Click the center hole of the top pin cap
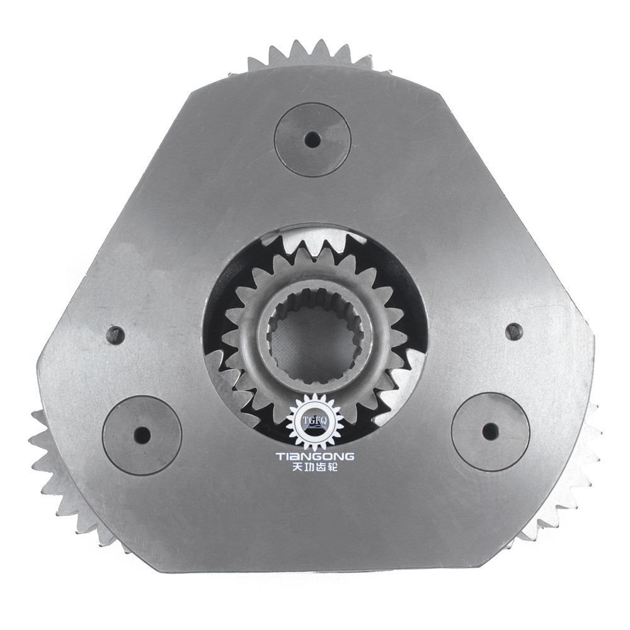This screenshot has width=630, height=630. [312, 140]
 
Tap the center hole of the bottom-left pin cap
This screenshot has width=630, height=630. [142, 435]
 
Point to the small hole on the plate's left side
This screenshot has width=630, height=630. [115, 335]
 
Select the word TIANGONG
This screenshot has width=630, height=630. [315, 456]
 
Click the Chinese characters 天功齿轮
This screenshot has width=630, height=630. [315, 469]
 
